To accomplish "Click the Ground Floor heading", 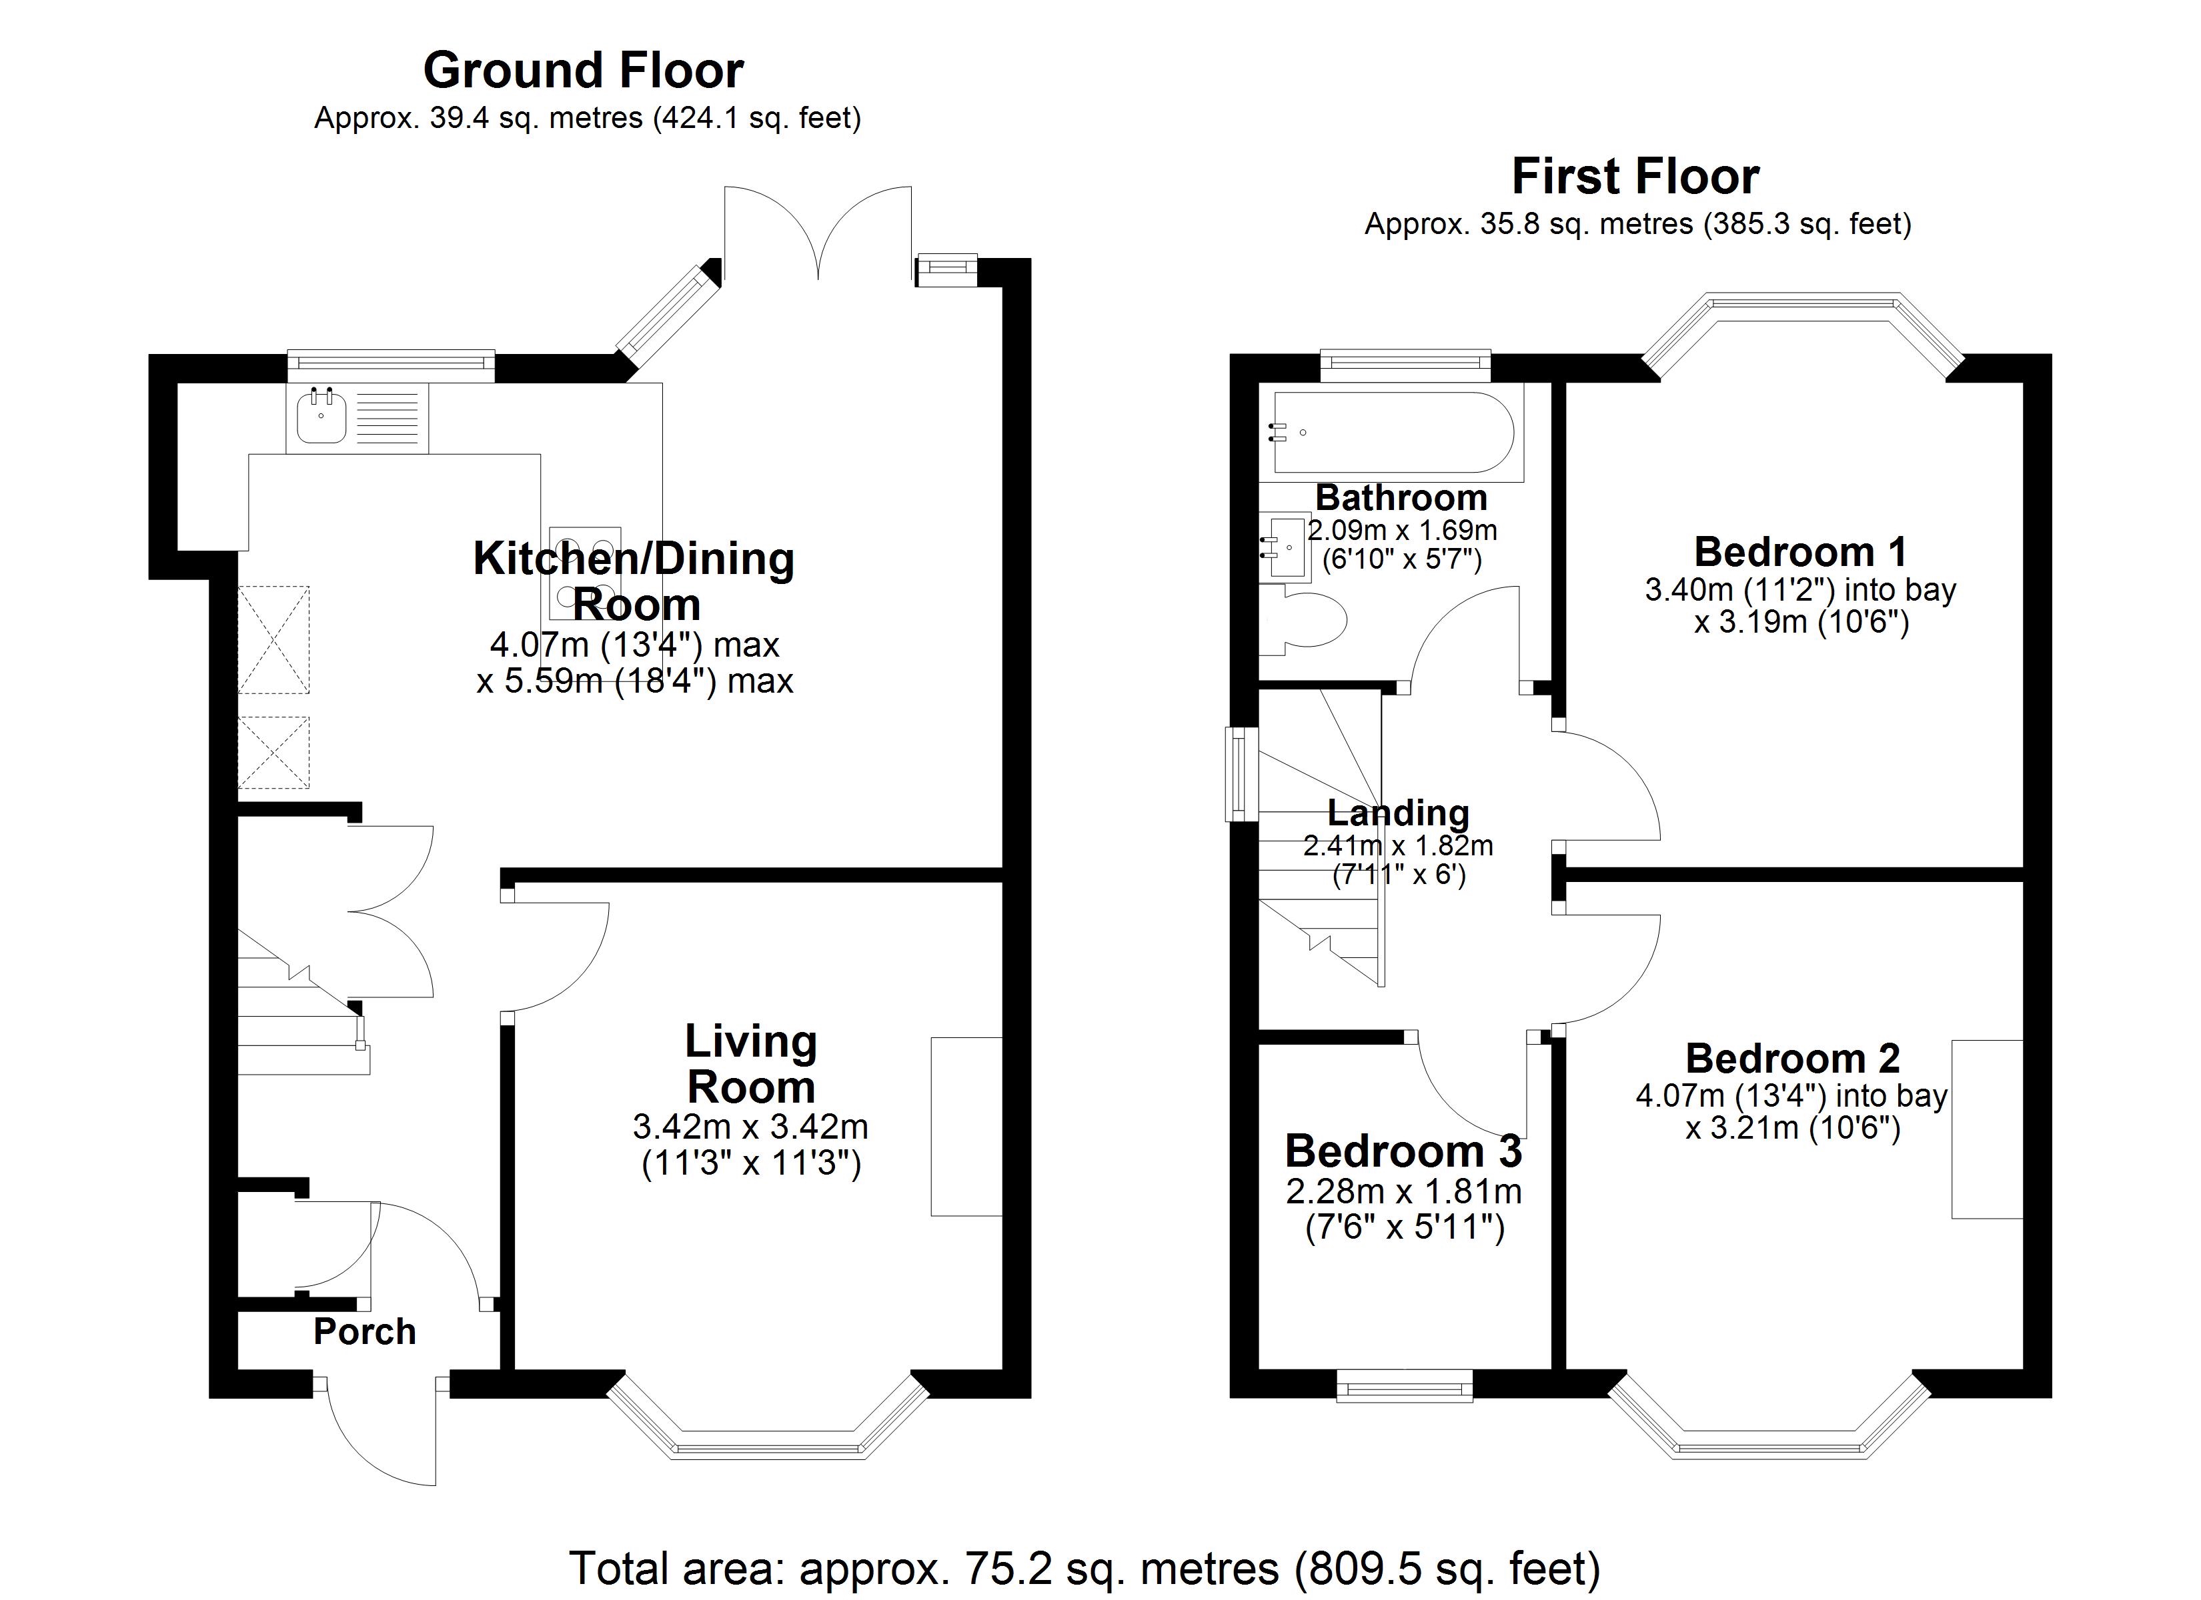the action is click(x=583, y=70).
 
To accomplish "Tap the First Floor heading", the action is click(x=1635, y=177).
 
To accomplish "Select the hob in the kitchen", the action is click(x=585, y=573).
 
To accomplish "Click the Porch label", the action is click(x=365, y=1331).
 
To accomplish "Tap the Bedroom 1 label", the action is click(x=1800, y=552).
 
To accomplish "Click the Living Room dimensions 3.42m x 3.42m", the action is click(x=750, y=1127).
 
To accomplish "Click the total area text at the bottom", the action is click(x=1084, y=1567).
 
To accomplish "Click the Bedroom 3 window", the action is click(x=1404, y=1385).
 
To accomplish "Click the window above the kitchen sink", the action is click(x=391, y=363).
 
